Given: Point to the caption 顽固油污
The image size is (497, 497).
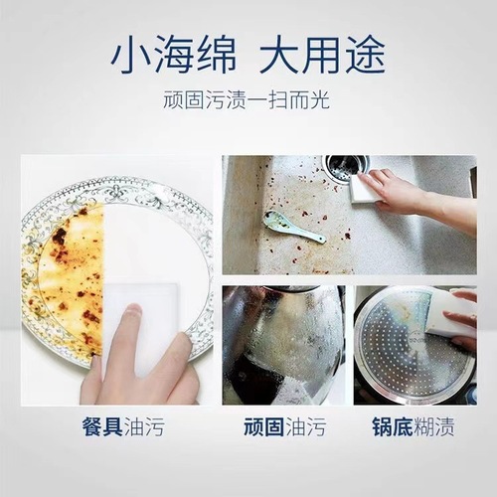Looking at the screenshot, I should point(283,428).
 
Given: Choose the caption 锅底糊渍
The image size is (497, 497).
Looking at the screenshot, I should point(414,428).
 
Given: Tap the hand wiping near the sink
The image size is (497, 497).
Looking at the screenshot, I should point(403,192).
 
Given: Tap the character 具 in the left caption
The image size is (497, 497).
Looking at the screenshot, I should point(110,428).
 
